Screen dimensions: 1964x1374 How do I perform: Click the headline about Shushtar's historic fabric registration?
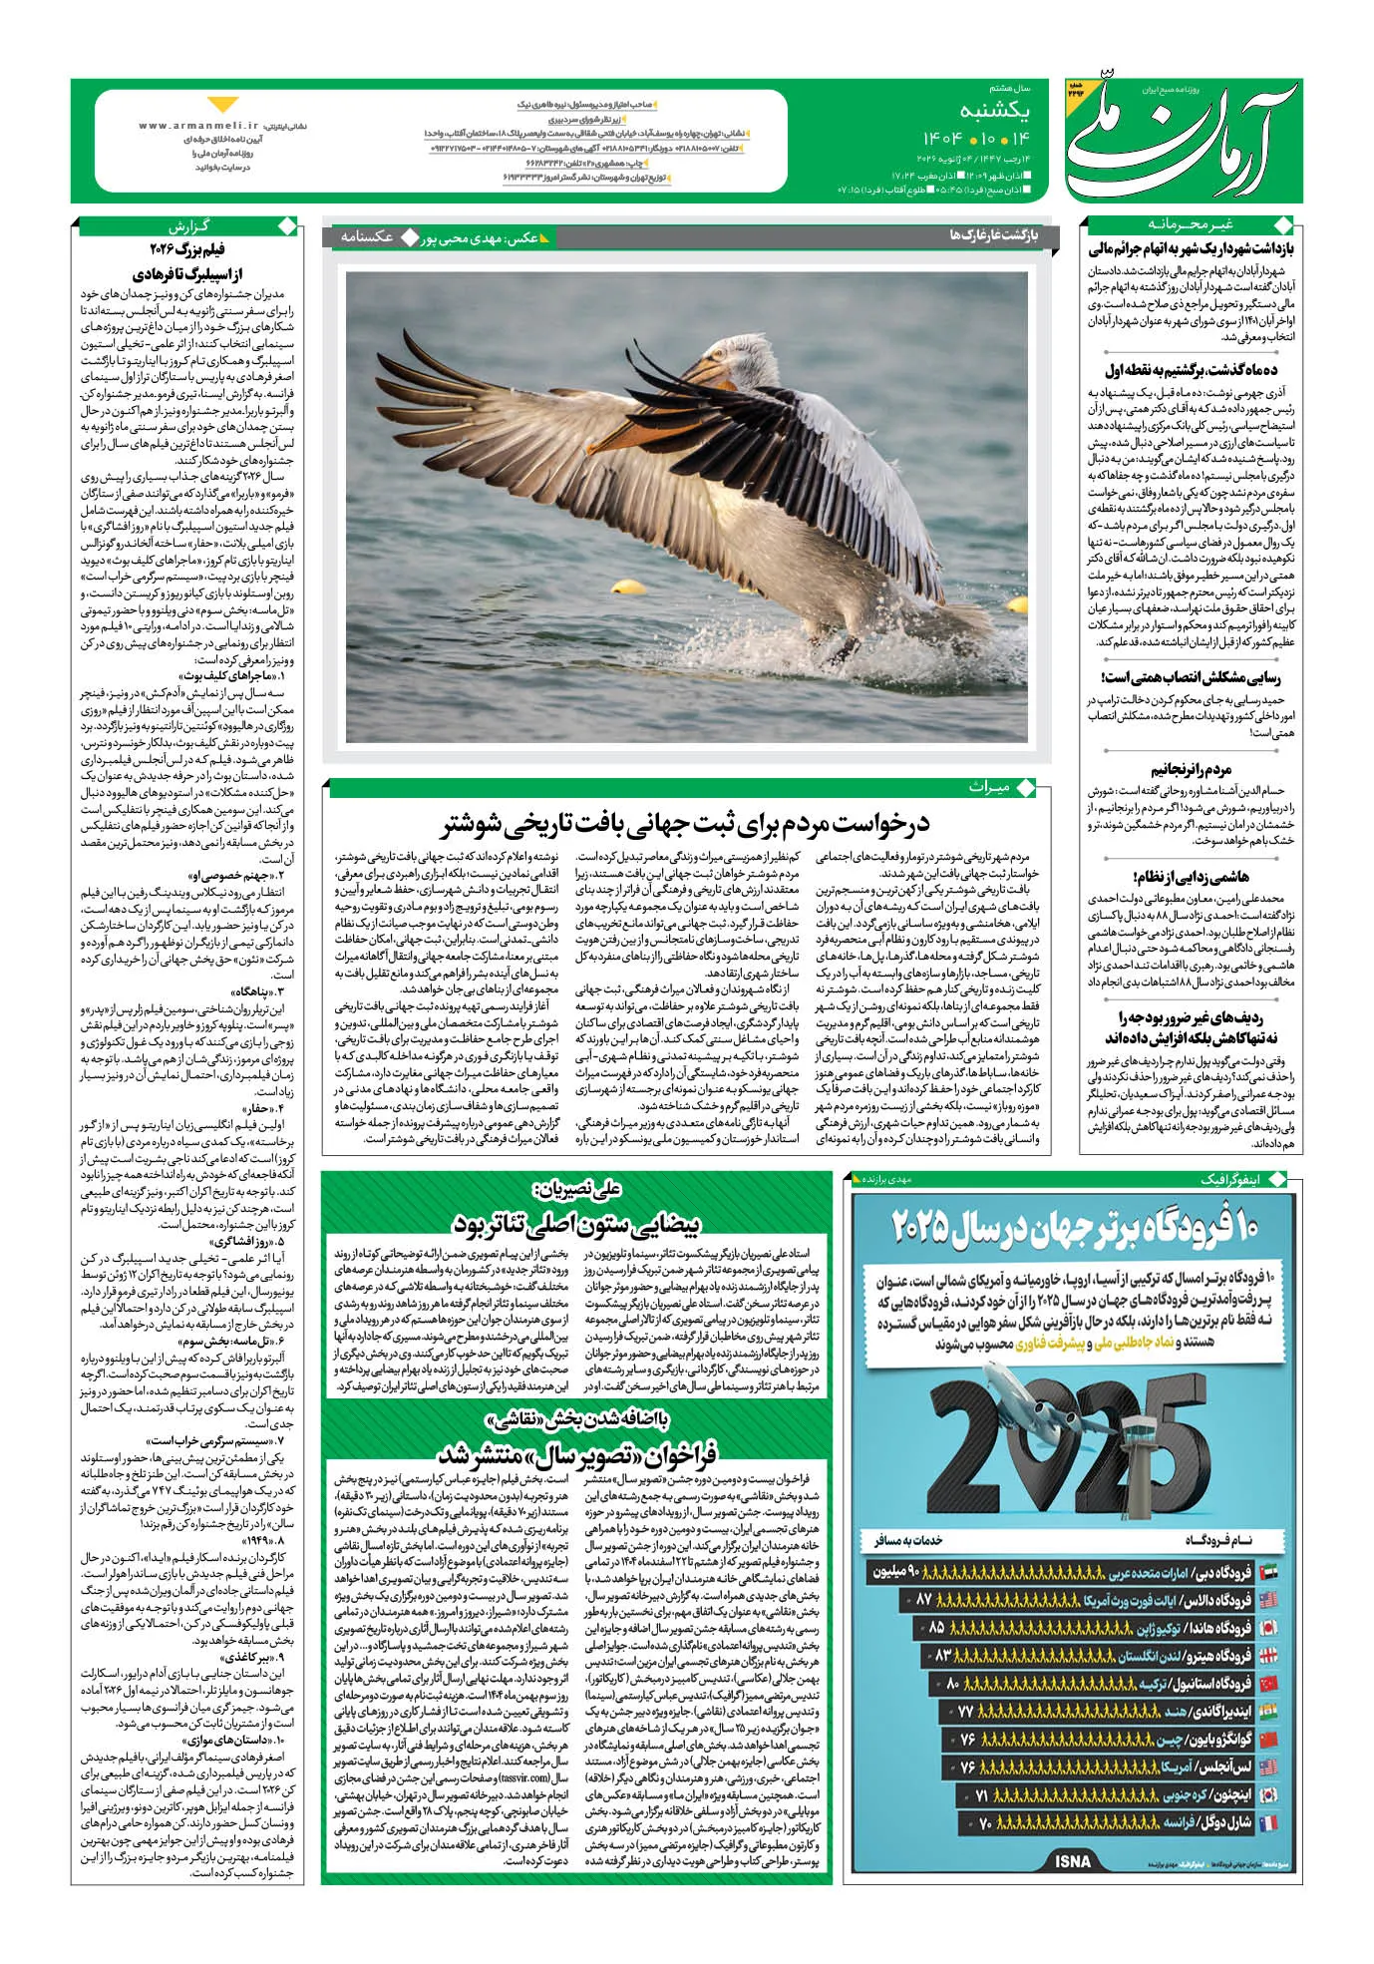[686, 824]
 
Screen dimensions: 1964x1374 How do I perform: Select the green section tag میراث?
[988, 787]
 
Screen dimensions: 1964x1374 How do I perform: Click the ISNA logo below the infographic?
[1072, 1861]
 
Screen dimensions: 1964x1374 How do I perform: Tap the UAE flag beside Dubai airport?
[1268, 1572]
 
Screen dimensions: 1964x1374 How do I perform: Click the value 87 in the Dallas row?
[923, 1599]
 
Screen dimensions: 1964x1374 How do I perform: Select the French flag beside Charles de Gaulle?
[1268, 1822]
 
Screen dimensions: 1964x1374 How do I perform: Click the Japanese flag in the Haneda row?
[1268, 1628]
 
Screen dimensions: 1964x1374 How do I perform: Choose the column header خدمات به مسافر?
[907, 1541]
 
